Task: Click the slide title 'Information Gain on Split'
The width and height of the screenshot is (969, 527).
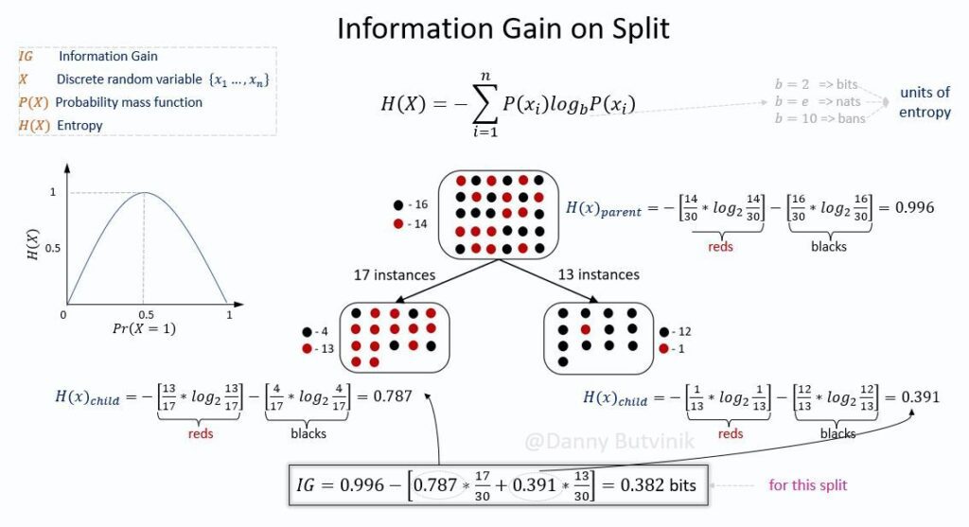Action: tap(503, 29)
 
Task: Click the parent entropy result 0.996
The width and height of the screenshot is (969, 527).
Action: tap(915, 207)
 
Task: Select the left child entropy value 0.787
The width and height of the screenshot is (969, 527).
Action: tap(393, 396)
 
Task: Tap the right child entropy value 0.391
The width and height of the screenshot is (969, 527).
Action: tap(920, 396)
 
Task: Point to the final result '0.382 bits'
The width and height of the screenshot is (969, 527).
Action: tap(659, 485)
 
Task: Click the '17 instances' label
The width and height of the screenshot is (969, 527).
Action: tap(395, 275)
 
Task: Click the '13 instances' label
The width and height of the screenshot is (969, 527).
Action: tap(599, 274)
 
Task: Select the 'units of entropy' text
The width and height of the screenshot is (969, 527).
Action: tap(925, 102)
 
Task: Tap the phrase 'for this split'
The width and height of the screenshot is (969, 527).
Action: tap(808, 485)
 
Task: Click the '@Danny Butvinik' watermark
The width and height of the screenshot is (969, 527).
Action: tap(609, 441)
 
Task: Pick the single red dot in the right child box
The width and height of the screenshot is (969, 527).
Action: tap(586, 329)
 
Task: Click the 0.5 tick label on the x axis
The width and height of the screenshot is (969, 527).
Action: tap(146, 314)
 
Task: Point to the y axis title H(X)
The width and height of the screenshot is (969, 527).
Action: tap(33, 244)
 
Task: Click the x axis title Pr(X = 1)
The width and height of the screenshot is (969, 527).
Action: tap(144, 328)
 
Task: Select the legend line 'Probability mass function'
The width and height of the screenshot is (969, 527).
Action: tap(129, 102)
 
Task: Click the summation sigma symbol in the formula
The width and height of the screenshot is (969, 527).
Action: tap(485, 104)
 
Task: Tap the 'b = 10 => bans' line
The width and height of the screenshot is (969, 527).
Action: tap(820, 118)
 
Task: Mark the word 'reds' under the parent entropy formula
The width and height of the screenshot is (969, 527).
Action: tap(720, 247)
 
